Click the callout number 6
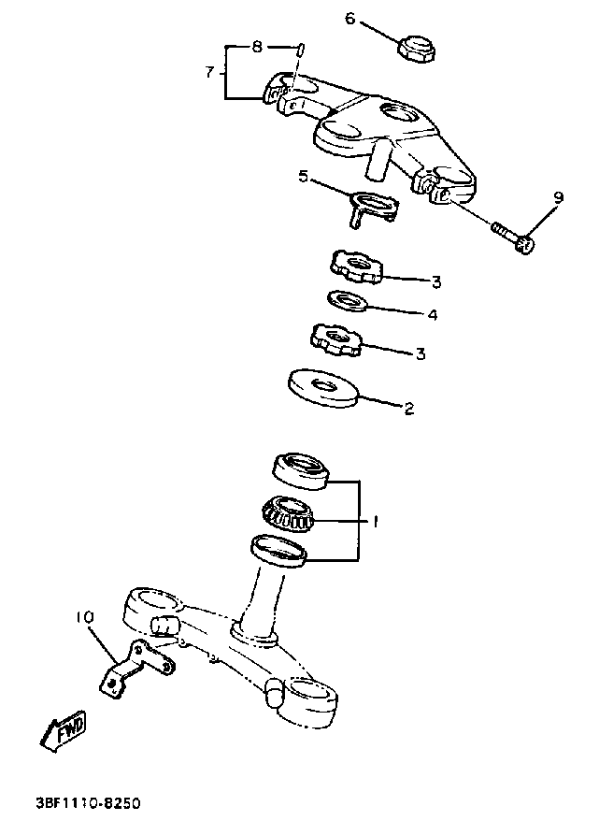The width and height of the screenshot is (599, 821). click(x=350, y=18)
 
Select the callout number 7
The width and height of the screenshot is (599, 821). click(x=210, y=71)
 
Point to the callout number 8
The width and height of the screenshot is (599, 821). click(x=258, y=45)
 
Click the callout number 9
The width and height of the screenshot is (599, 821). click(x=558, y=197)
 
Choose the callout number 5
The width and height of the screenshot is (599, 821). click(x=304, y=176)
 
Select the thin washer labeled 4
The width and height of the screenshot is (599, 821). click(x=347, y=301)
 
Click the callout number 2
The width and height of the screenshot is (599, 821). click(x=407, y=408)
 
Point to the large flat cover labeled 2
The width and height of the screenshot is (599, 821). click(x=323, y=385)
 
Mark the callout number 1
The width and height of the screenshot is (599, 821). click(x=376, y=522)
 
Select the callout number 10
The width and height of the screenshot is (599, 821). click(x=84, y=617)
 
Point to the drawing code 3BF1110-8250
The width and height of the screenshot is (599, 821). click(x=89, y=802)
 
